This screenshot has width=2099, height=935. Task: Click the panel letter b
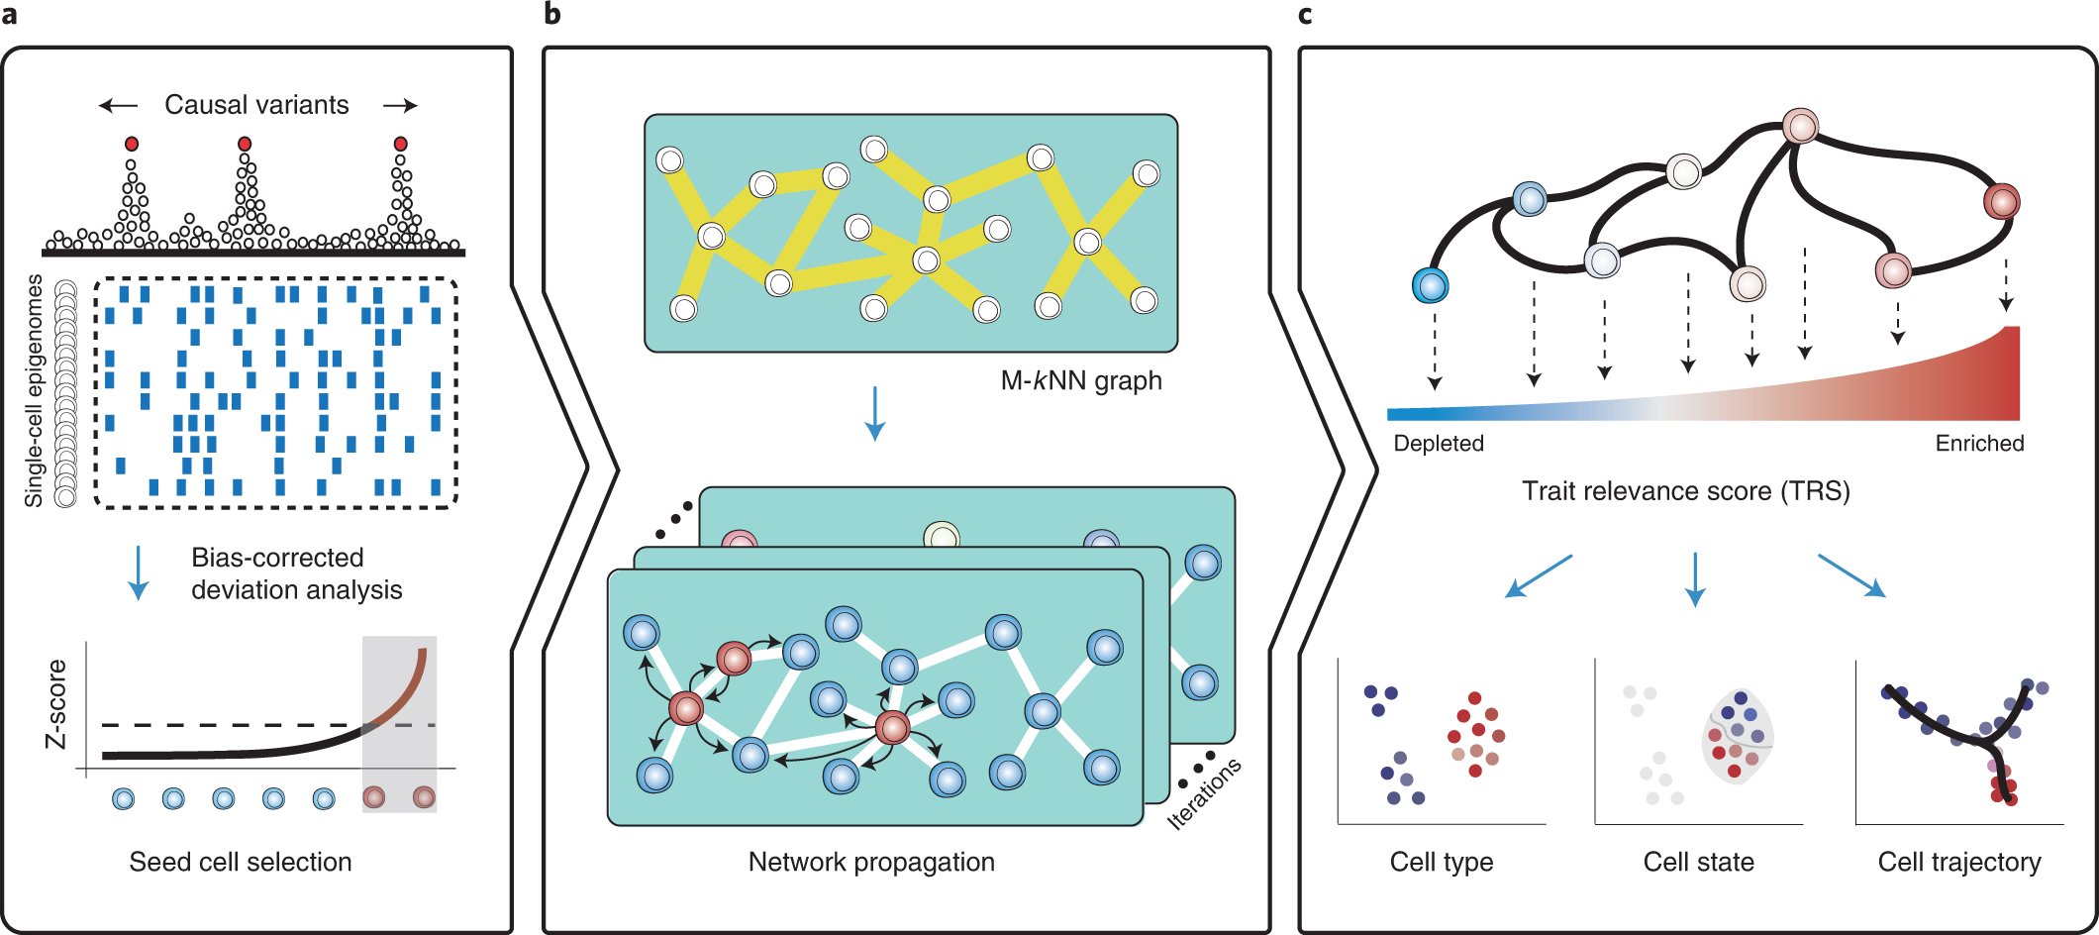click(x=552, y=15)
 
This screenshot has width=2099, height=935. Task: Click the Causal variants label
click(x=256, y=105)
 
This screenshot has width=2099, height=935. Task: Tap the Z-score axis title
click(x=57, y=703)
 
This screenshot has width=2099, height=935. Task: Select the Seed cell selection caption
click(x=241, y=862)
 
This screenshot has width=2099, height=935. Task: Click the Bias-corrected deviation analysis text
click(x=296, y=573)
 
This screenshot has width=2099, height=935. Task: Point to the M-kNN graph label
click(x=1080, y=380)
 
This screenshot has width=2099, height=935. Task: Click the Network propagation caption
click(x=871, y=862)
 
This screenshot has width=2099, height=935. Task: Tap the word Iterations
click(x=1204, y=793)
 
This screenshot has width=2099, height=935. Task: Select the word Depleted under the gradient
click(x=1438, y=444)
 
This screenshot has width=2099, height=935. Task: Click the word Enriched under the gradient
click(x=1979, y=444)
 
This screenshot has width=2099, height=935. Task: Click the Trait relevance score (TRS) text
click(x=1685, y=491)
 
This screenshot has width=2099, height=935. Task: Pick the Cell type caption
click(x=1441, y=862)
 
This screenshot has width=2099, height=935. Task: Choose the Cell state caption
click(x=1698, y=862)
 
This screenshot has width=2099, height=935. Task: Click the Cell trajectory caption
click(x=1958, y=862)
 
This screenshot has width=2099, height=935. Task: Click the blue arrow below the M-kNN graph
click(x=874, y=413)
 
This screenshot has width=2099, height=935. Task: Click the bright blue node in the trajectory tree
click(x=1430, y=285)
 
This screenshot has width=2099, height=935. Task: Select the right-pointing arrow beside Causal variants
click(x=400, y=105)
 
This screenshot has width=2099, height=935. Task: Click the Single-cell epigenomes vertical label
click(x=35, y=390)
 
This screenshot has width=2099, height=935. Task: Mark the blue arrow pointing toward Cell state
click(x=1695, y=579)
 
